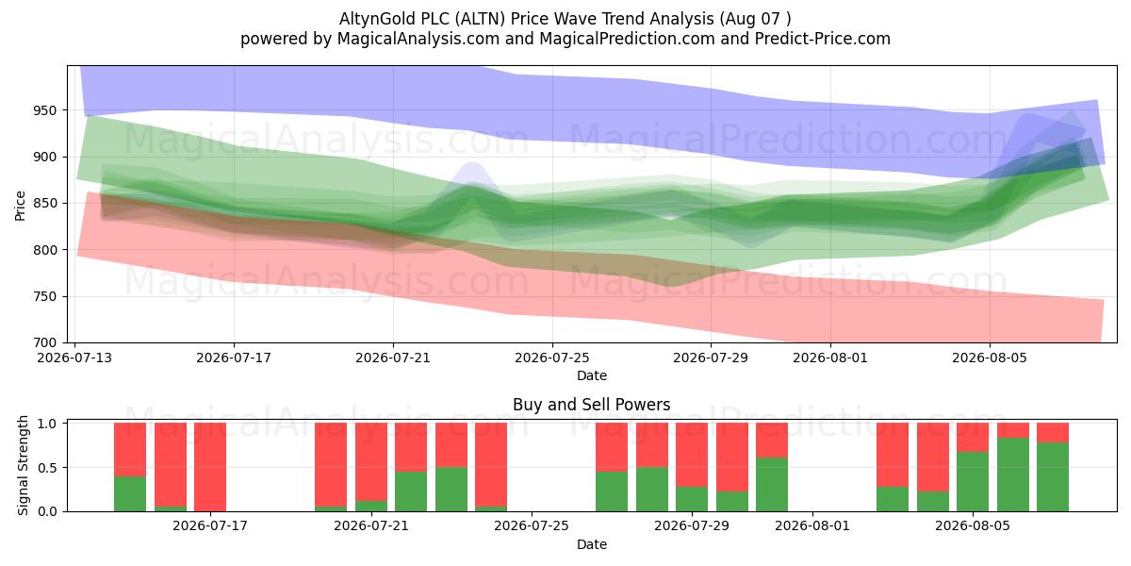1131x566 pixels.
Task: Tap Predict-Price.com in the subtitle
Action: pos(823,39)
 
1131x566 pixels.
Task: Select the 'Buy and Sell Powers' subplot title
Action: pos(591,405)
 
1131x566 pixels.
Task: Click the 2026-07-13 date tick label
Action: pos(74,358)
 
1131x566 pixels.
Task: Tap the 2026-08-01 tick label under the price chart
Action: pos(830,358)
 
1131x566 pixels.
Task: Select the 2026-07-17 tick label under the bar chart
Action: pos(210,525)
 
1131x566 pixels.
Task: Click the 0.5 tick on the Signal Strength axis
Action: pos(49,468)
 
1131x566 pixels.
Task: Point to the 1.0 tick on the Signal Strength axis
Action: pos(49,423)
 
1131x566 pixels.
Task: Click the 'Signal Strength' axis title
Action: pos(23,465)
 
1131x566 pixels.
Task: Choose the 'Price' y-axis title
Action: pos(20,206)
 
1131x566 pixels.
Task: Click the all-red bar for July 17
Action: pos(210,467)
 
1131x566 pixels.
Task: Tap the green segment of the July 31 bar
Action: pos(772,485)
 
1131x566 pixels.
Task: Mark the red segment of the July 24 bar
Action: pos(491,464)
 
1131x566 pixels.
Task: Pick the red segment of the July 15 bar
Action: pos(171,464)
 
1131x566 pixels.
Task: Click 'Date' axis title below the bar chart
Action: pos(592,544)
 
